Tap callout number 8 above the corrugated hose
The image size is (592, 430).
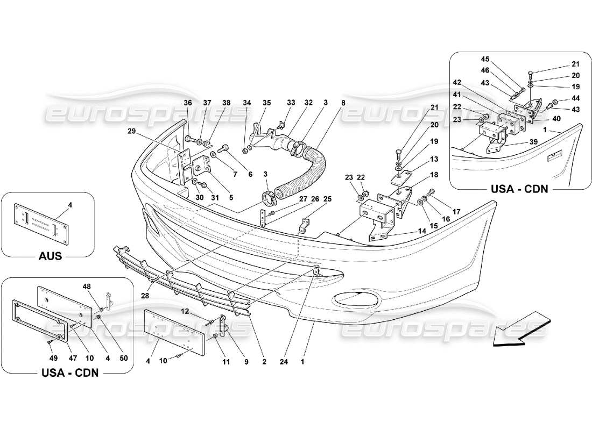tap(343, 103)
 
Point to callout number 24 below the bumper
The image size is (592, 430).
tap(283, 362)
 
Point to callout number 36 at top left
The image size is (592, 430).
tap(188, 103)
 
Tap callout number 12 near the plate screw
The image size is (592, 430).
tap(199, 311)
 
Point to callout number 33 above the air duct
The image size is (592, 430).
tap(291, 103)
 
